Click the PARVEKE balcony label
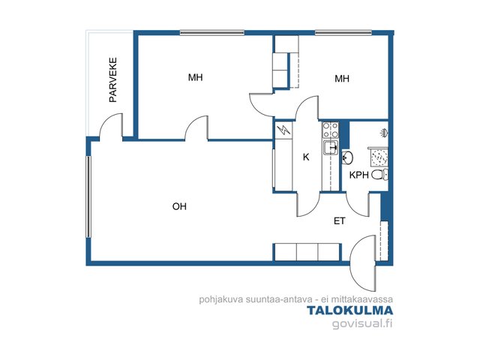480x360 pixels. (113, 79)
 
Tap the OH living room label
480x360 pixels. (179, 207)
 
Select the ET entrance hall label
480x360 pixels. (340, 221)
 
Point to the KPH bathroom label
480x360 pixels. (359, 175)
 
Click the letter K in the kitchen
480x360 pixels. (306, 157)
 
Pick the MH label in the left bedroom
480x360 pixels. (195, 77)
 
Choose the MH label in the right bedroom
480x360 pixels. (342, 79)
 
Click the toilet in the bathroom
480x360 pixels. (379, 175)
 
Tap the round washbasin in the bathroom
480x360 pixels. (347, 157)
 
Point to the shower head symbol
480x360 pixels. (383, 133)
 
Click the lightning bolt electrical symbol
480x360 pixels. (283, 130)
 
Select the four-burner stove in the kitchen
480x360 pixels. (331, 130)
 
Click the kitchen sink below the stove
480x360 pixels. (331, 148)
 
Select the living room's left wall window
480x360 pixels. (88, 196)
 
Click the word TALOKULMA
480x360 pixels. (350, 310)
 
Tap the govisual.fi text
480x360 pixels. (362, 323)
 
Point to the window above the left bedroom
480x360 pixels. (212, 33)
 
